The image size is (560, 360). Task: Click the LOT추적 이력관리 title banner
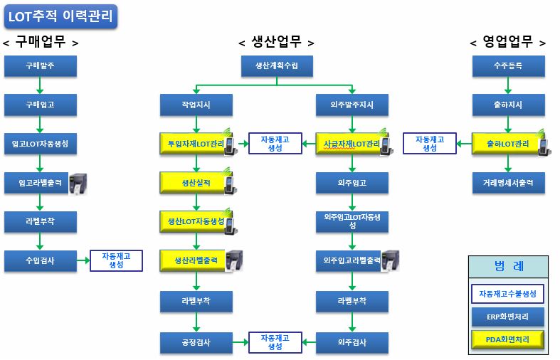[60, 16]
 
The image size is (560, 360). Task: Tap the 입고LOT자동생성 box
[40, 144]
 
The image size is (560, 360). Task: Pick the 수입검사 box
[40, 260]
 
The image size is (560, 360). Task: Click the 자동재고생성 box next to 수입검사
[116, 260]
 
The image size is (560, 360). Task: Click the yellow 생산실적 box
[193, 183]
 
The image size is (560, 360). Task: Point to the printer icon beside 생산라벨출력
[235, 260]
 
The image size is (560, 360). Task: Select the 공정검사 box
[195, 342]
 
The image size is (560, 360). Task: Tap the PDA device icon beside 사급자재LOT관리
[386, 143]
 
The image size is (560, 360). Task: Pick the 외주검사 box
[353, 342]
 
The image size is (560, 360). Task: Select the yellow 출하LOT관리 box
[506, 144]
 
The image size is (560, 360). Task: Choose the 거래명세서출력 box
[508, 183]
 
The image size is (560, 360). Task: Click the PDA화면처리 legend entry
[508, 339]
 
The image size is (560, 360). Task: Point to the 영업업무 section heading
[508, 42]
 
